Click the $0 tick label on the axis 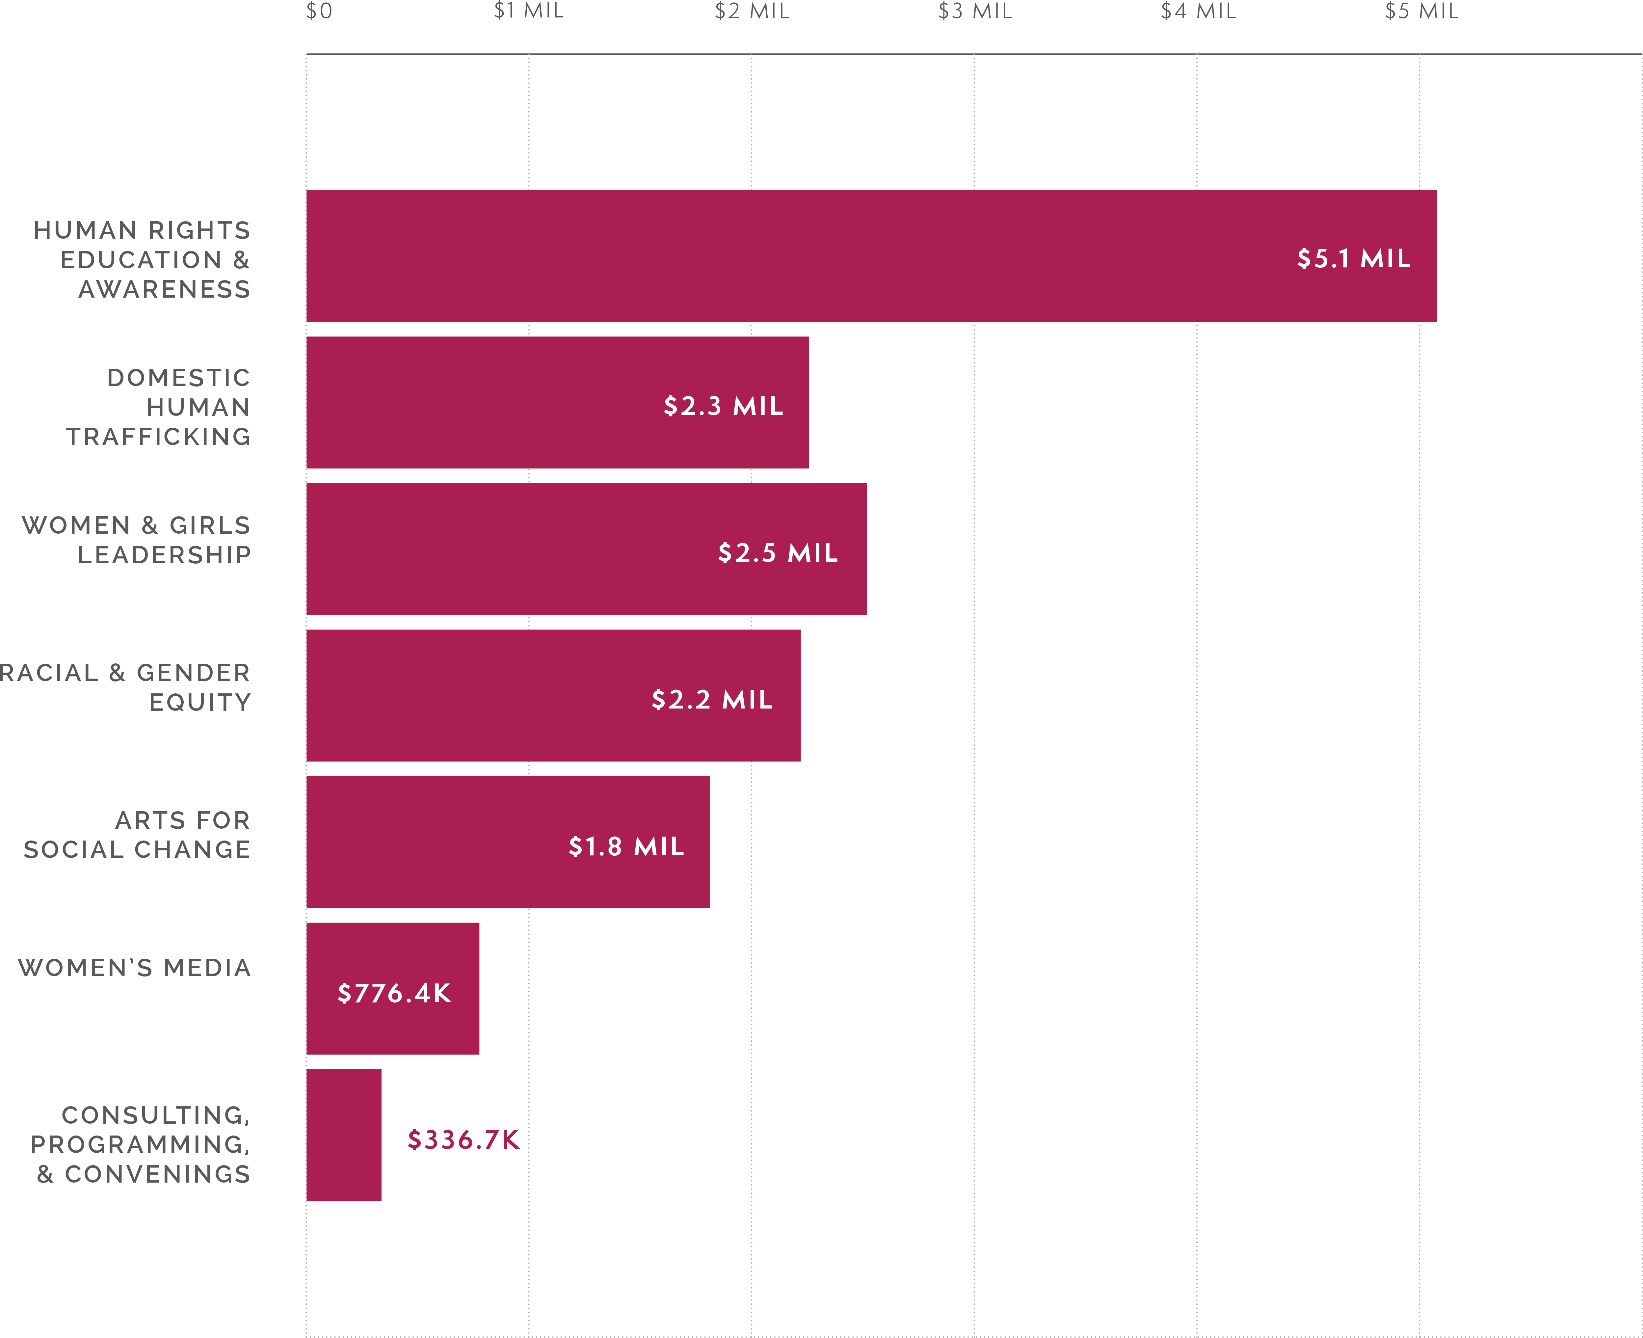319,11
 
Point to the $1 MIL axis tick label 529,11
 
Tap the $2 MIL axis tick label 751,11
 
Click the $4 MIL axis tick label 1198,11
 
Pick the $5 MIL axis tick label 1421,11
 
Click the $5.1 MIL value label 1353,258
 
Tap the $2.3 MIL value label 723,405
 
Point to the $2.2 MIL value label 711,699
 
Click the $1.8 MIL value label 626,846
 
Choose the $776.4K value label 394,993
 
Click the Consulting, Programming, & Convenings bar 344,1135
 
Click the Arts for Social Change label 137,835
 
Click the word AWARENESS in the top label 164,289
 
